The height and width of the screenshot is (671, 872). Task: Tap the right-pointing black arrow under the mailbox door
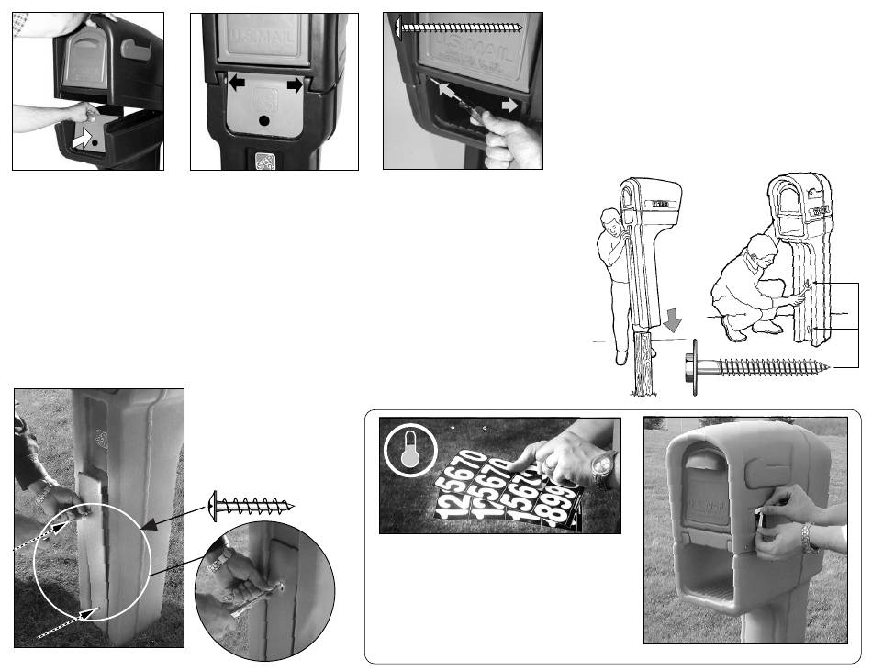(294, 84)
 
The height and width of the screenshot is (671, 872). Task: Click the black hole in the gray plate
(265, 119)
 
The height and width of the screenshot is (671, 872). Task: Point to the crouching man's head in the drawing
(761, 252)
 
